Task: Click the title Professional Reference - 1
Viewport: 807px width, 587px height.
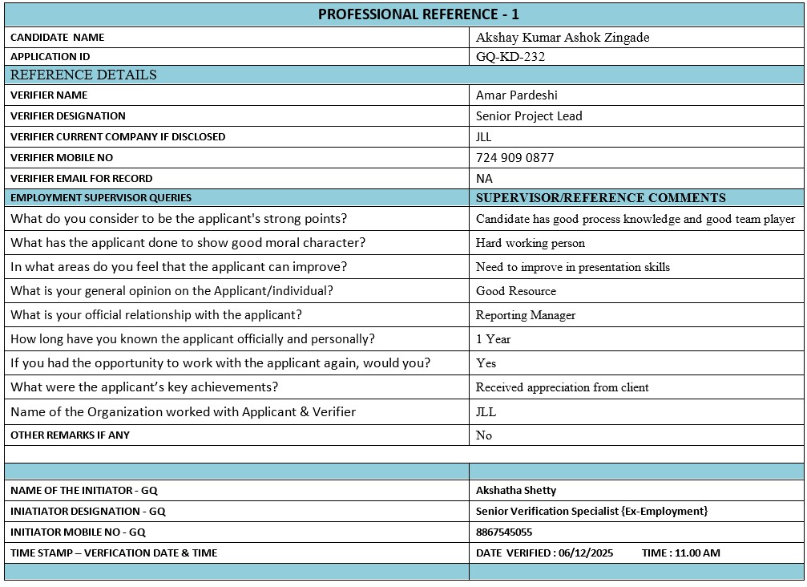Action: coord(418,14)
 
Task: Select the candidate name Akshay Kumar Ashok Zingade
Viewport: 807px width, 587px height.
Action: coord(563,38)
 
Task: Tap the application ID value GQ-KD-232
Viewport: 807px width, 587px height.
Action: coord(510,57)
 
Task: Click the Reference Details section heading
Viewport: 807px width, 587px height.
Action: coord(83,75)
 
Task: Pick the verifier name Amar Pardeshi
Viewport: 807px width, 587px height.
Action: coord(517,95)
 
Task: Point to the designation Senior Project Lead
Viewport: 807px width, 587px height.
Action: coord(529,116)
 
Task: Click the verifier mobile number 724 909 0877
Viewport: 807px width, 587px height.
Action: coord(514,158)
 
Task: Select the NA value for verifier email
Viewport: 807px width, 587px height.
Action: coord(484,179)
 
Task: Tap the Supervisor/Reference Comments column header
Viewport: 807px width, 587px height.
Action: coord(600,198)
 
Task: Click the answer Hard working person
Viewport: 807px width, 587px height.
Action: coord(531,243)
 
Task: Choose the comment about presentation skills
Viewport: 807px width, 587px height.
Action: coord(573,267)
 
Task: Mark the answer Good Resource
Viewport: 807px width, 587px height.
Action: coord(516,291)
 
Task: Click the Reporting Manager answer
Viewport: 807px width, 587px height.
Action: coord(526,315)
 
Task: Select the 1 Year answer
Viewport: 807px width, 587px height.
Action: coord(493,339)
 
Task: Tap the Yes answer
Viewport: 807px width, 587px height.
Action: coord(486,363)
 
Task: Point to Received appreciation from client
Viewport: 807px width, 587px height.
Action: coord(563,387)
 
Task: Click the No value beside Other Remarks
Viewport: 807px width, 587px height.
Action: coord(484,435)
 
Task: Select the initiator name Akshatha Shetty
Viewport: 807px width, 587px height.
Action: coord(516,490)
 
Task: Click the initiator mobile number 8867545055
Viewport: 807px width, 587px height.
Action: coord(504,532)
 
